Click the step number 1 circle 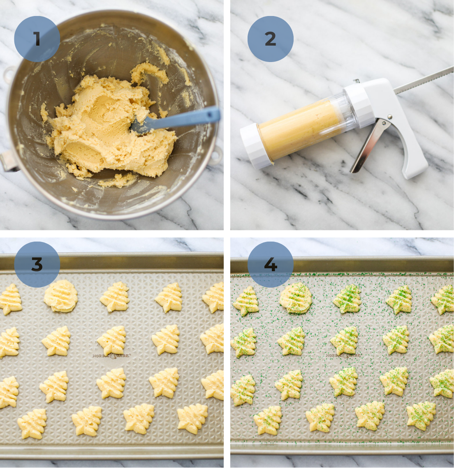click(x=37, y=39)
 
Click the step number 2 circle click(x=270, y=39)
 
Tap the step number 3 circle click(x=37, y=264)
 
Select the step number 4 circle click(x=270, y=264)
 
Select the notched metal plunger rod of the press click(x=424, y=78)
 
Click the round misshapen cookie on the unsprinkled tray click(x=61, y=296)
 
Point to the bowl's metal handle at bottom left click(x=9, y=162)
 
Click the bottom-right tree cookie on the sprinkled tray click(x=421, y=415)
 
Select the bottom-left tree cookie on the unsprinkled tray click(x=32, y=423)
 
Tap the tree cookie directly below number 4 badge click(x=246, y=301)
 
